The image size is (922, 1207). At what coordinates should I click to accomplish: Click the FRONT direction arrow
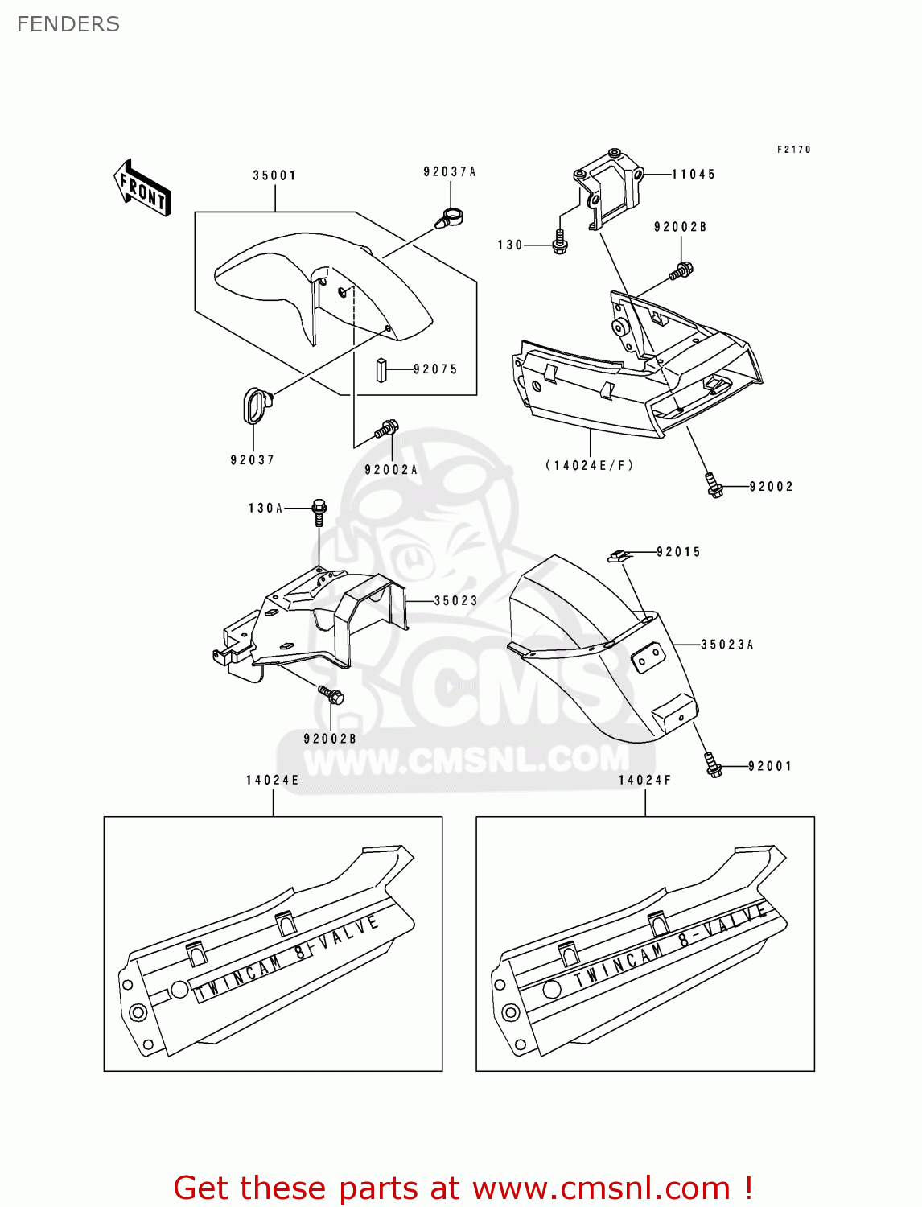142,188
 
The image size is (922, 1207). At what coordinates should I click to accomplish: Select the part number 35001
274,175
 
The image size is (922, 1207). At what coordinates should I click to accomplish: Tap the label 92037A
450,171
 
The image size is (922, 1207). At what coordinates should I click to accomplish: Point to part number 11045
694,174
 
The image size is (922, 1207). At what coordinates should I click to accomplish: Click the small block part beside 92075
382,370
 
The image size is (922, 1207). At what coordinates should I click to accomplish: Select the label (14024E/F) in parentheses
590,465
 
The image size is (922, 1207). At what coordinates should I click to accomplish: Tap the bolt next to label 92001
712,764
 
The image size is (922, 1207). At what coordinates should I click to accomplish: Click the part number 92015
678,552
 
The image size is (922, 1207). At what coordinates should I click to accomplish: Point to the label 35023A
726,645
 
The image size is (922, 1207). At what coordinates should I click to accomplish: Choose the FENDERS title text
68,24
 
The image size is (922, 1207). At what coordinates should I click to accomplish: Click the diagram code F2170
793,150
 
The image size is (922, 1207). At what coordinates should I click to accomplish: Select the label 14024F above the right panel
644,780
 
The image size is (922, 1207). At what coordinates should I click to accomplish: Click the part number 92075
435,369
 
